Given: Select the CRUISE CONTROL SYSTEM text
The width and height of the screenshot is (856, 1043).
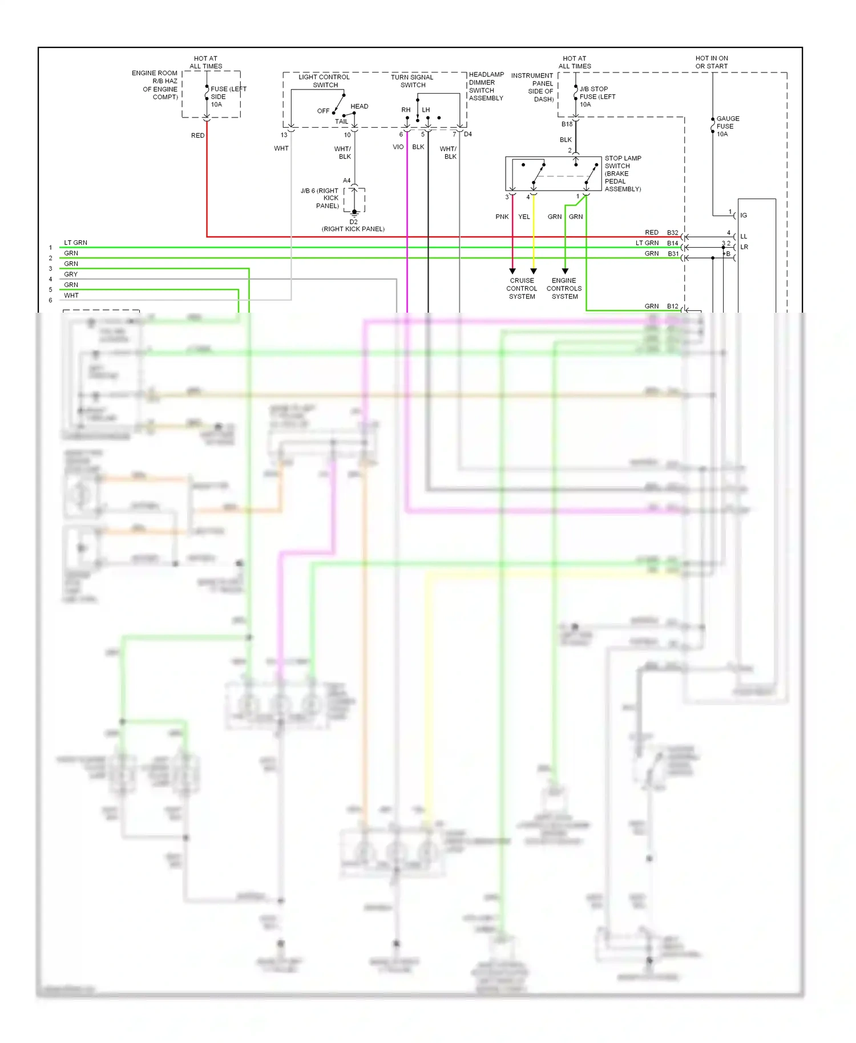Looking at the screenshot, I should pos(522,289).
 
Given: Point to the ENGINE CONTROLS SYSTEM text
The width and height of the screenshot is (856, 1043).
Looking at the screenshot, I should pos(564,289).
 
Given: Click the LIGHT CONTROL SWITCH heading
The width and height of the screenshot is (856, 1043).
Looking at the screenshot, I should pos(324,81).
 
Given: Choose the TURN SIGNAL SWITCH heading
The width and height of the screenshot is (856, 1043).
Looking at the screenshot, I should pos(412,81).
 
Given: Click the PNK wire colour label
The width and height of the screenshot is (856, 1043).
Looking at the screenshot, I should pos(502,217).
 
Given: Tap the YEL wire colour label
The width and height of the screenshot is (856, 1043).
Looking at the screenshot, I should pos(524,217).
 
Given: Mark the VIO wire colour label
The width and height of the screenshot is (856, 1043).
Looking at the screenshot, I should pos(398,147).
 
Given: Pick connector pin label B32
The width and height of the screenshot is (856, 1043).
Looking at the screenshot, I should pos(673,233).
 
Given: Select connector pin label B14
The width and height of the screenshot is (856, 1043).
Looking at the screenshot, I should pos(673,244).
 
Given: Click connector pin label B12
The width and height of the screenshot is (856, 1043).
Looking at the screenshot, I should pos(673,306).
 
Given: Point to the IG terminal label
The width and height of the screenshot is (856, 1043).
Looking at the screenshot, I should pos(744,216).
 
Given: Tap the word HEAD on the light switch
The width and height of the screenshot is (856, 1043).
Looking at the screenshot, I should pos(359,107).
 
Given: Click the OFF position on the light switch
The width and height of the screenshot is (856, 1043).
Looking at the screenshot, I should pos(323,111).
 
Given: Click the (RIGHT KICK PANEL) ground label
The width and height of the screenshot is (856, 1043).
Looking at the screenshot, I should pos(353,229).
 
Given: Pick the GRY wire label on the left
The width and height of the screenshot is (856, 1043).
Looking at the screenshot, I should pos(71,274).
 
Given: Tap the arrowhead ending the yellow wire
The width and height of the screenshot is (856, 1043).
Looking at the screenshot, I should pos(534,271).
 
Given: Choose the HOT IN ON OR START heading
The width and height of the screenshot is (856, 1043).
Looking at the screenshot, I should pos(712,62).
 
